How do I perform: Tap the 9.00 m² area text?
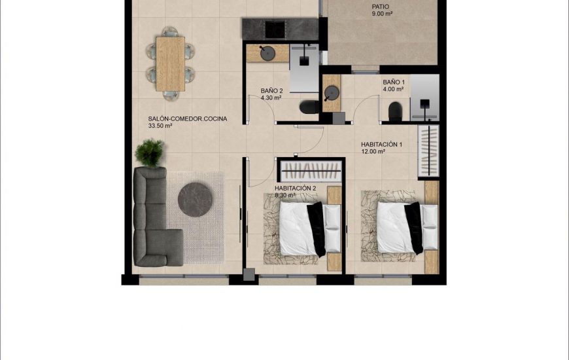(x=381, y=13)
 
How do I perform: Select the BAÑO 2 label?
(x=271, y=91)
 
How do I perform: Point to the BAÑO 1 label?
(x=394, y=82)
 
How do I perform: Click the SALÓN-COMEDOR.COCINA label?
(x=188, y=118)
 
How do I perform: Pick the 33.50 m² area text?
(x=160, y=126)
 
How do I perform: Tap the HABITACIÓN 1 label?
(x=381, y=145)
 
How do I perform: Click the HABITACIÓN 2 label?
(x=296, y=188)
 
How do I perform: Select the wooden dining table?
(x=170, y=63)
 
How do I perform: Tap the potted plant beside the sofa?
(x=150, y=153)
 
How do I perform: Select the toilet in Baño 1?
(x=395, y=112)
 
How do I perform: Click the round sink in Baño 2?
(x=267, y=54)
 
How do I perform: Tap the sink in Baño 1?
(x=332, y=90)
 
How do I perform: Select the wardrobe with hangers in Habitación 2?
(x=310, y=172)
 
